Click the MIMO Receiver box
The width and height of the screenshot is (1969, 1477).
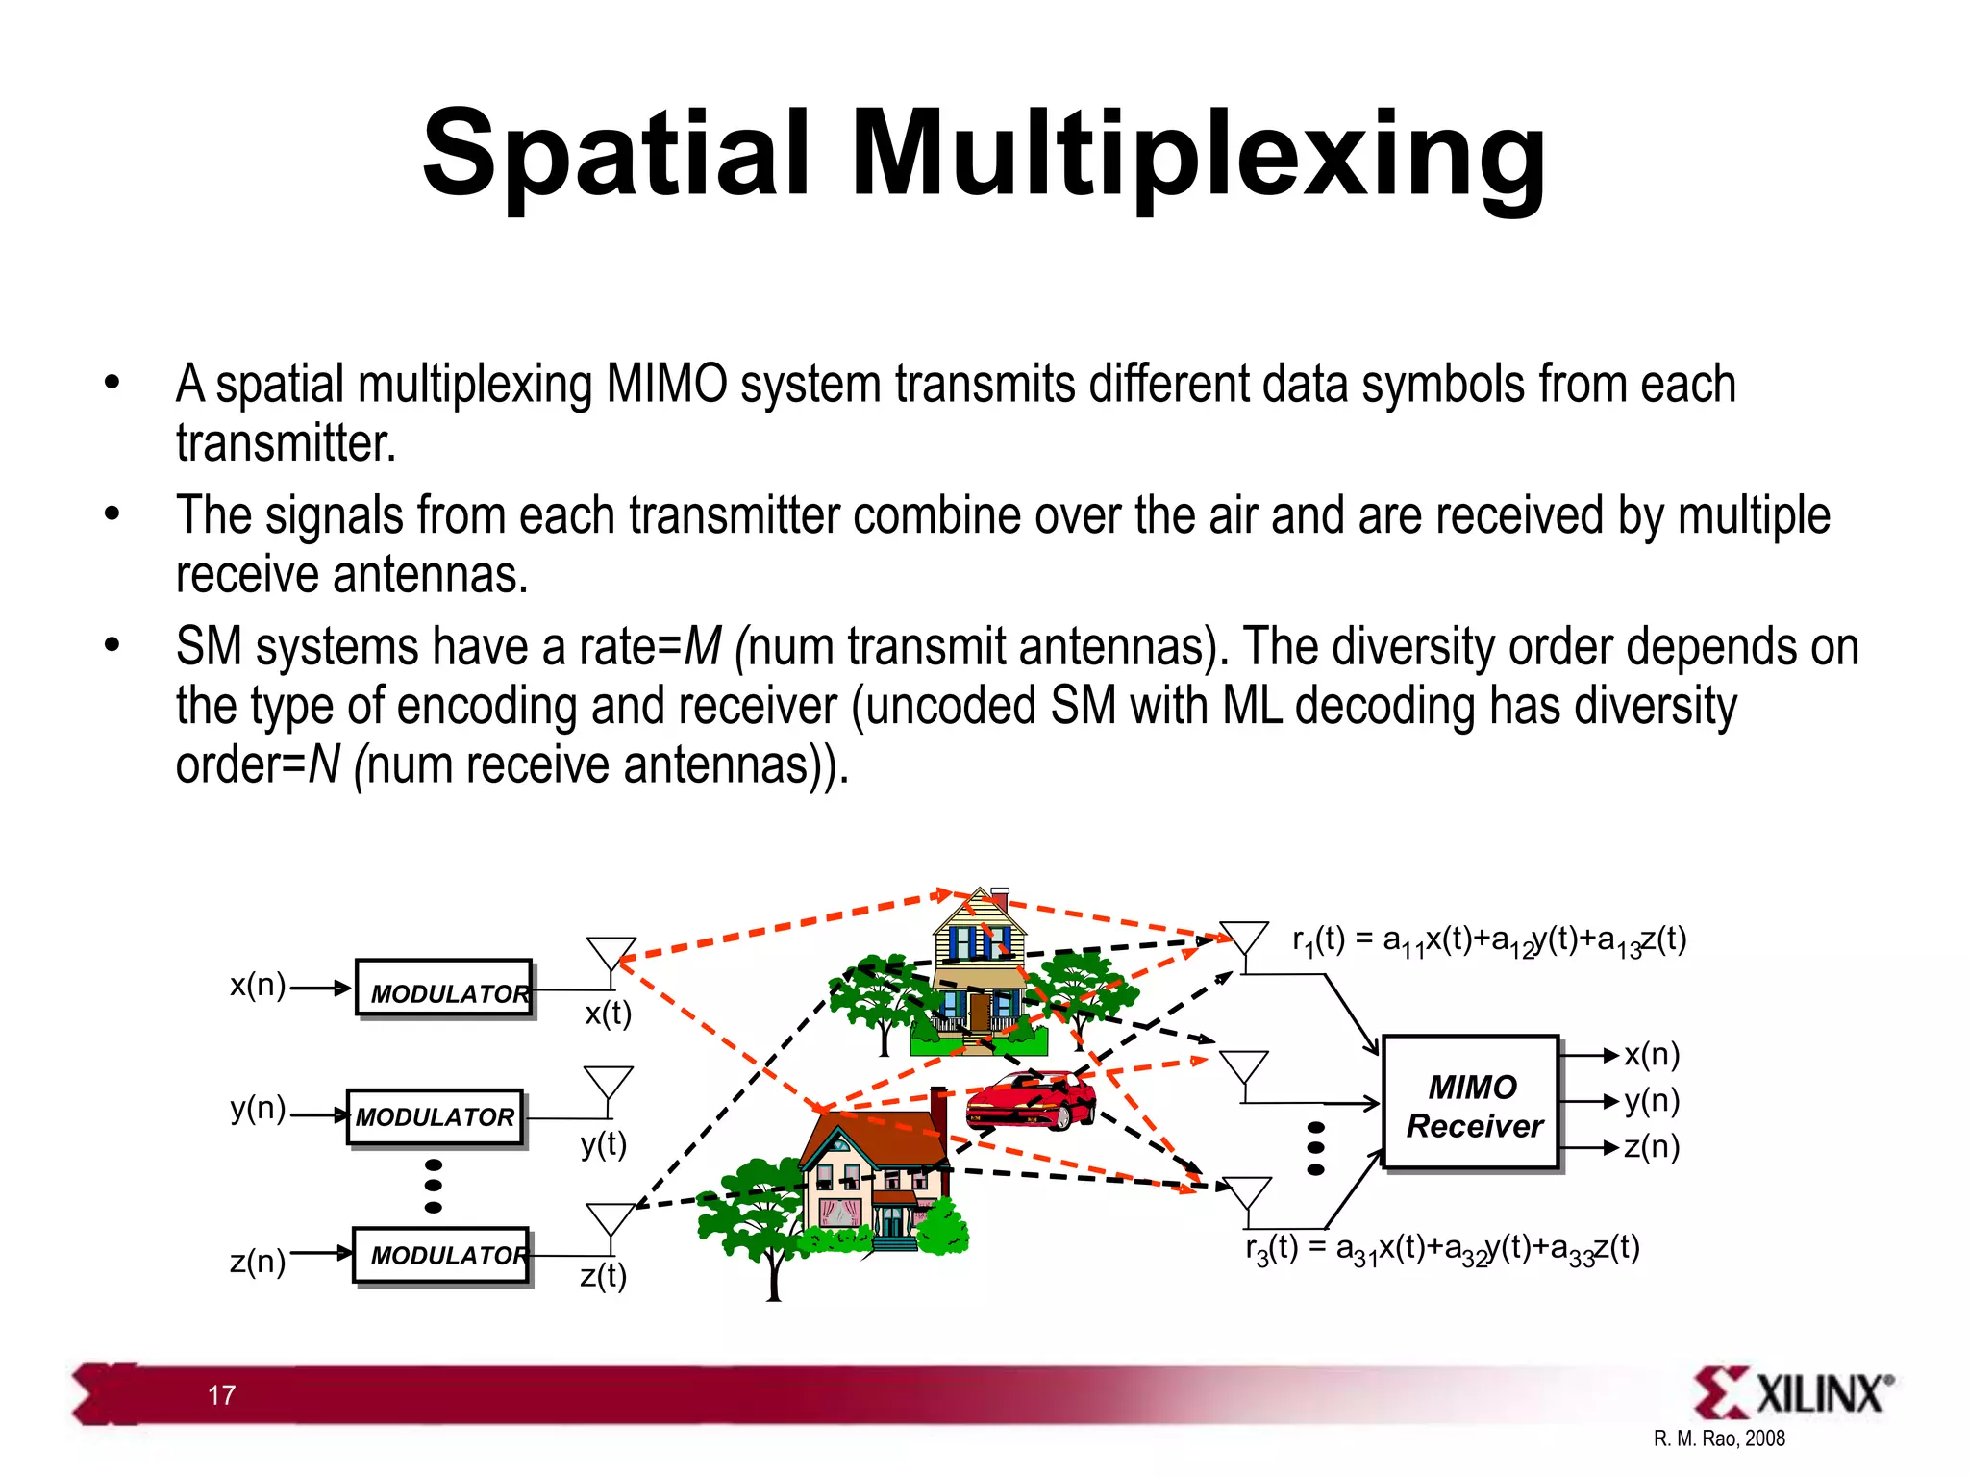1471,1104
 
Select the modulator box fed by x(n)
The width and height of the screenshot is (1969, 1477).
444,988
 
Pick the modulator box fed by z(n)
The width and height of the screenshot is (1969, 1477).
442,1255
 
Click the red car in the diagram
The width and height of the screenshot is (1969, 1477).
1031,1101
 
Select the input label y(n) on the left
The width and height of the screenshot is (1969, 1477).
258,1109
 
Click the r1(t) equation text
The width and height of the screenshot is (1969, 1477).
1488,940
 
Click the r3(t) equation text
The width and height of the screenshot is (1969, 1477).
1442,1249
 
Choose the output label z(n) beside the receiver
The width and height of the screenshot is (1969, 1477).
1652,1146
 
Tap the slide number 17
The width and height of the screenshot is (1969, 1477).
221,1395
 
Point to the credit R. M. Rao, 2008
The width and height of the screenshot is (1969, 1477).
1719,1439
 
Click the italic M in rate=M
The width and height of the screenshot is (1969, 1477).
702,646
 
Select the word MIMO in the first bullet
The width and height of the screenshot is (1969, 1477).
666,385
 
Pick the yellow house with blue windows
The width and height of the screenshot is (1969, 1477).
979,971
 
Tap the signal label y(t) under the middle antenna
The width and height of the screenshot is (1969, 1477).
604,1145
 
